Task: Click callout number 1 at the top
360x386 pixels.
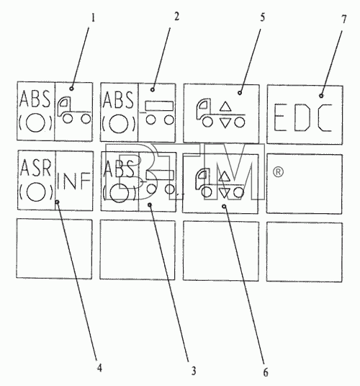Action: coord(93,18)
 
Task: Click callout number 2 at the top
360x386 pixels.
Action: coord(176,17)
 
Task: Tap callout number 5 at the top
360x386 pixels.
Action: coord(262,17)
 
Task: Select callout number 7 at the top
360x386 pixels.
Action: coord(344,19)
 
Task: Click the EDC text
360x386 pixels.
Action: coord(303,117)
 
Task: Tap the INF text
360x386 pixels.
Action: coord(73,181)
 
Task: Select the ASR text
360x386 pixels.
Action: coord(36,168)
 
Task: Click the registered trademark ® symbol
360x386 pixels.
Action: coord(278,172)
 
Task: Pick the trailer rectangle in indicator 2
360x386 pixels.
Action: coord(159,106)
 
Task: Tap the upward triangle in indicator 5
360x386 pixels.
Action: coord(225,107)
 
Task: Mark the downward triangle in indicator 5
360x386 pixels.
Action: coord(225,123)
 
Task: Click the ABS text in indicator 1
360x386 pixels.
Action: coord(35,99)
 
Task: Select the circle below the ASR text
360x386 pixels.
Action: coord(36,192)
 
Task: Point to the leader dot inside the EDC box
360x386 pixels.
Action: coord(321,96)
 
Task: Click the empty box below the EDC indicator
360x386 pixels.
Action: coord(304,184)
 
